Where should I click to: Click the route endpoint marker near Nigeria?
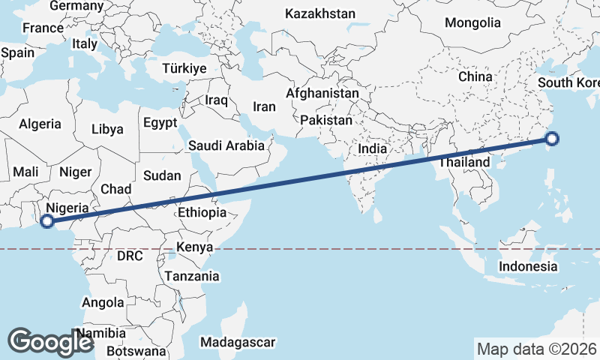point(46,221)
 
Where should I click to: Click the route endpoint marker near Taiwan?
point(552,138)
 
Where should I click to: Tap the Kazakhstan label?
point(320,13)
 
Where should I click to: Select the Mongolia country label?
point(472,22)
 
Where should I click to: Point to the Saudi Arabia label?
point(226,145)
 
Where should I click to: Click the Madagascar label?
point(238,342)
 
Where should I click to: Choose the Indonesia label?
point(529,266)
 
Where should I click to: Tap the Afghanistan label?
point(322,94)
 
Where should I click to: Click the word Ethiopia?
point(202,213)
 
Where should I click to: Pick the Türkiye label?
point(184,68)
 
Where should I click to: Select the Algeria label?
point(39,124)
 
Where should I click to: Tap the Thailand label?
point(464,162)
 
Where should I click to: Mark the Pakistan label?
point(326,120)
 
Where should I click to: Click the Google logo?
point(49,341)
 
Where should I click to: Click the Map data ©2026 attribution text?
point(537,349)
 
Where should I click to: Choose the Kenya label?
point(195,247)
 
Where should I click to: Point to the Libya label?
point(107,129)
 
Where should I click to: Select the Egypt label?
point(160,123)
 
